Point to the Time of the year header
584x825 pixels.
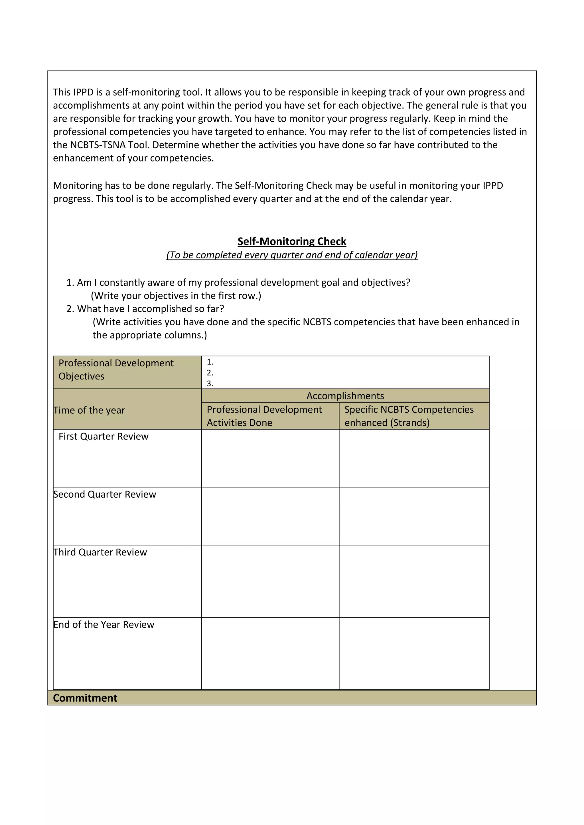tap(89, 410)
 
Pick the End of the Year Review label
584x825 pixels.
tap(104, 624)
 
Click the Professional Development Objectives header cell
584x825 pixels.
tap(116, 369)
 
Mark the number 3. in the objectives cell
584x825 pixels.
tap(210, 383)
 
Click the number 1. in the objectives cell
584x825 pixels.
tap(210, 362)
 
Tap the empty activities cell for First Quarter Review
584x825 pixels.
tap(270, 458)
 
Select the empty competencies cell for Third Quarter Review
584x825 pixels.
tap(414, 581)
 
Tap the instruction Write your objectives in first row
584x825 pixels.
tap(176, 295)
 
